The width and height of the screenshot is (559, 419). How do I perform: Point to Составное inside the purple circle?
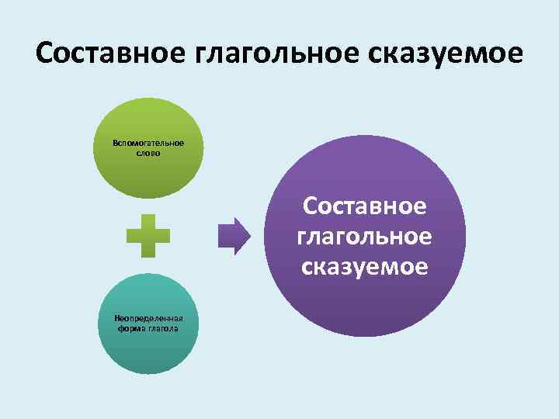pyautogui.click(x=365, y=207)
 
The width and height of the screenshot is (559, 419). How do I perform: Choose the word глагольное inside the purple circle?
pyautogui.click(x=365, y=237)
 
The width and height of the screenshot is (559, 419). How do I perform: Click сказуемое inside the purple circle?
pyautogui.click(x=365, y=266)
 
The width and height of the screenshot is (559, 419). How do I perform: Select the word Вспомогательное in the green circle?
pyautogui.click(x=148, y=144)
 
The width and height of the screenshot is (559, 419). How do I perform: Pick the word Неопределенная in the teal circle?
pyautogui.click(x=148, y=319)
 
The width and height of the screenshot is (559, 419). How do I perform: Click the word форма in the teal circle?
pyautogui.click(x=132, y=328)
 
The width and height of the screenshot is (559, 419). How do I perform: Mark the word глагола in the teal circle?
pyautogui.click(x=163, y=328)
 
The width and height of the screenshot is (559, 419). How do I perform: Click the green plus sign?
pyautogui.click(x=148, y=236)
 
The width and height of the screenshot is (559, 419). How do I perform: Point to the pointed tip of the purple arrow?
pyautogui.click(x=250, y=236)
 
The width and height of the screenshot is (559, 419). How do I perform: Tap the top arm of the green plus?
pyautogui.click(x=148, y=222)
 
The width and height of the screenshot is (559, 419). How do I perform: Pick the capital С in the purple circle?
pyautogui.click(x=311, y=207)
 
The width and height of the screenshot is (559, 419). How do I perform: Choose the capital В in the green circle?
pyautogui.click(x=115, y=144)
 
